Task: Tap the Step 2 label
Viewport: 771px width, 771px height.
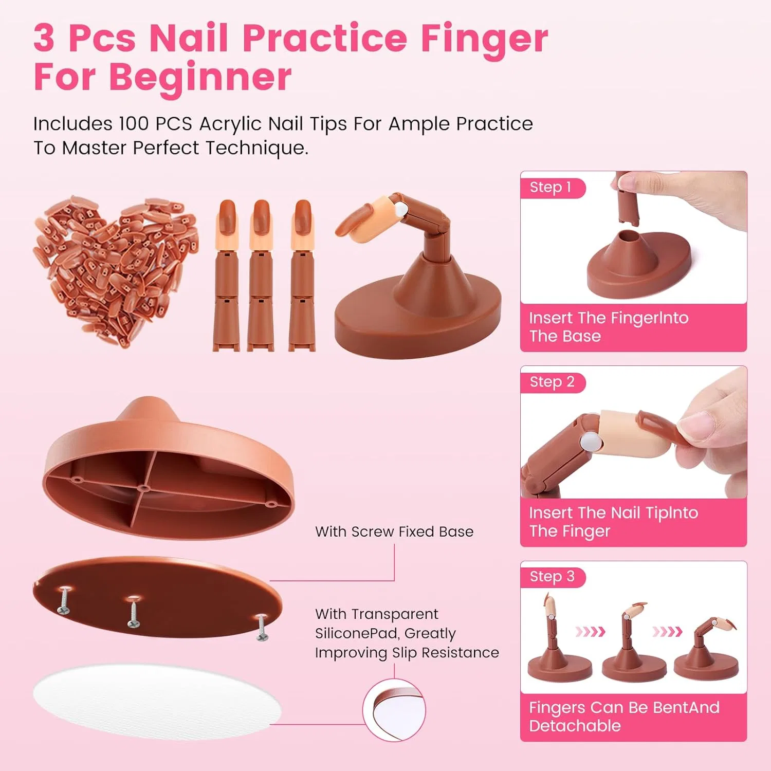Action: tap(552, 382)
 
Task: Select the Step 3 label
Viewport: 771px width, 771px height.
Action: tap(552, 577)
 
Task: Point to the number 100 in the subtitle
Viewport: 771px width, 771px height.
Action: tap(134, 124)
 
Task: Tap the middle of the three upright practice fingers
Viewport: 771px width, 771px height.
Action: tap(261, 275)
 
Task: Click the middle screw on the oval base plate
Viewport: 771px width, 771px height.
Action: tap(134, 611)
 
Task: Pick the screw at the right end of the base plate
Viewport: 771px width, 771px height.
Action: tap(262, 627)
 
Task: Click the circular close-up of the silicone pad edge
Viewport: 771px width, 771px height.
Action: tap(394, 710)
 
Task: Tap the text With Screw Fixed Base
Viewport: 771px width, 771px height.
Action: tap(394, 531)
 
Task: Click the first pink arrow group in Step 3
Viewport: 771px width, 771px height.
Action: tap(590, 631)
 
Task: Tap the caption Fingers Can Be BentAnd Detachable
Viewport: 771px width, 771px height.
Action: tap(624, 717)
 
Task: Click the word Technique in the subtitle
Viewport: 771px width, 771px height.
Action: tap(256, 148)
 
